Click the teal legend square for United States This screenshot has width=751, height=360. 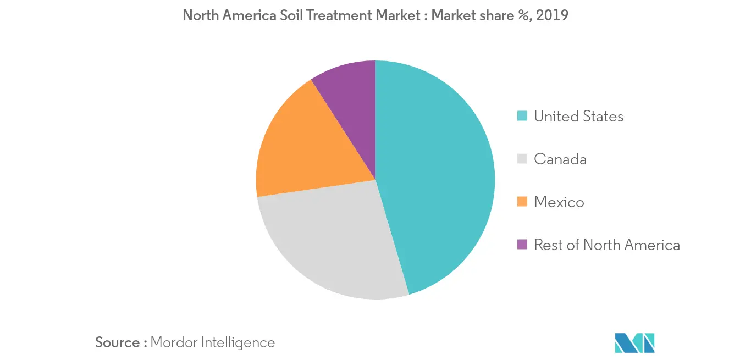(x=522, y=116)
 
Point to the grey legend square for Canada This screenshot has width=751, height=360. (x=522, y=159)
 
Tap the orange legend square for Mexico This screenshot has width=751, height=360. (x=522, y=202)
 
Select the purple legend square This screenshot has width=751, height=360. (x=522, y=245)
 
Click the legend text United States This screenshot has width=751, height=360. (x=578, y=116)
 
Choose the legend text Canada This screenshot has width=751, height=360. (x=560, y=159)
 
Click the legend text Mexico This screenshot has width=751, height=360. (x=559, y=202)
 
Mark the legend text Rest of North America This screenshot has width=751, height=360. (x=606, y=245)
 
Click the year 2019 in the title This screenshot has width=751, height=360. (x=551, y=15)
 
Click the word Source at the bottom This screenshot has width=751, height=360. (x=118, y=342)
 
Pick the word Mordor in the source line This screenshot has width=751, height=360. (x=172, y=342)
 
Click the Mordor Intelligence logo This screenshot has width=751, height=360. (x=635, y=342)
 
